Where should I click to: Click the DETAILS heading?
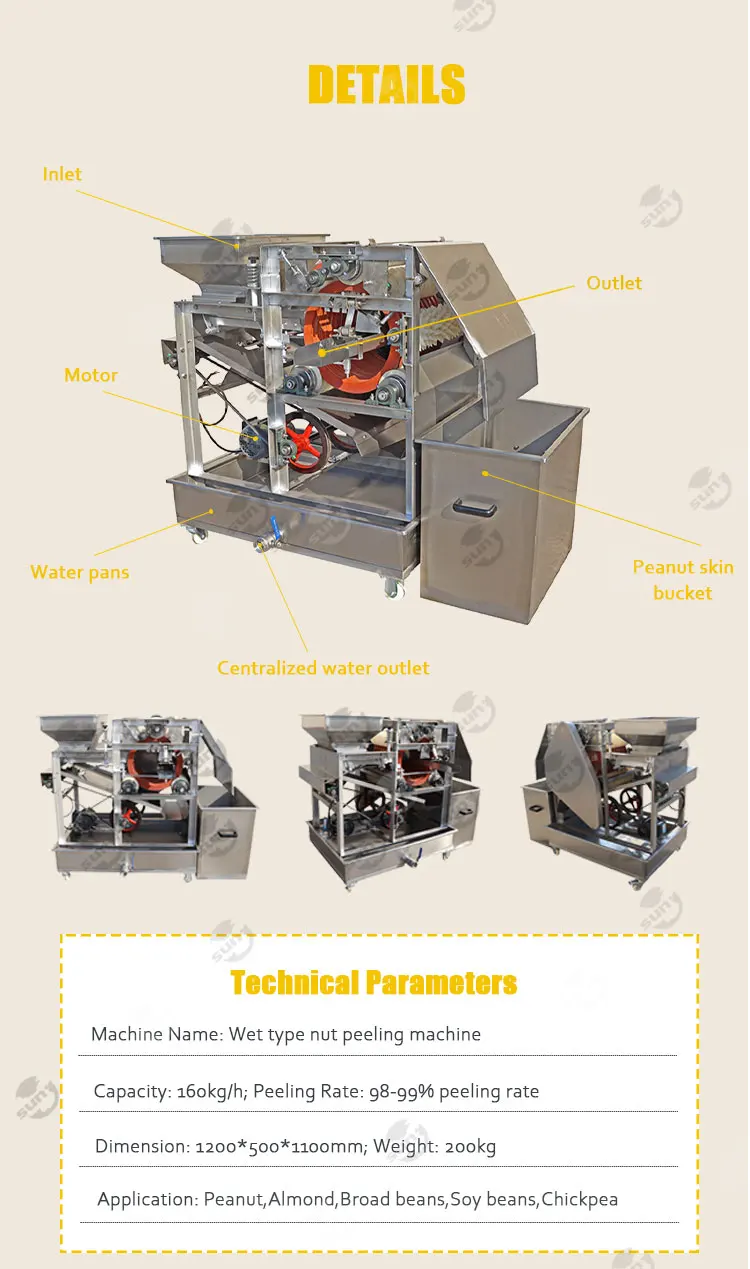point(386,84)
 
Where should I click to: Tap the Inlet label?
point(62,174)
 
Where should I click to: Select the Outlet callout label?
point(614,283)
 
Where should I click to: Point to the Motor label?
point(91,375)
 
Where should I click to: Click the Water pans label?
point(80,572)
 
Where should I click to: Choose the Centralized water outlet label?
point(323,667)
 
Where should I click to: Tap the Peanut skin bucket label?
point(683,580)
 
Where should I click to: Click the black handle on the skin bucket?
point(473,507)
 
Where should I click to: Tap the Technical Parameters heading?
point(374,982)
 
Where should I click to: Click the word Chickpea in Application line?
point(580,1199)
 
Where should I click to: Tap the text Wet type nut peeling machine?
point(355,1034)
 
